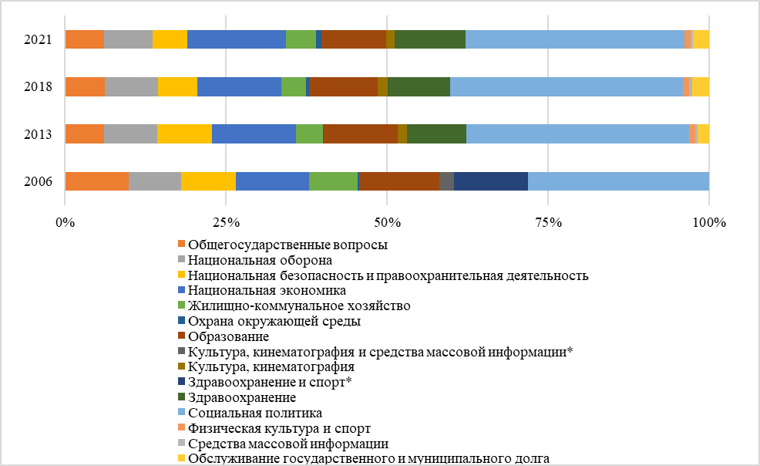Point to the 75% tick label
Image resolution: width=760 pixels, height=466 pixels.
[547, 224]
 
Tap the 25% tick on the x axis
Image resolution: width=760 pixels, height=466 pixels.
[225, 224]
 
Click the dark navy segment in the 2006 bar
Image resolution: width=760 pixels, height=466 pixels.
[491, 181]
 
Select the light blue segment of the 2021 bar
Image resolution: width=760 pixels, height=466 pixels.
[574, 39]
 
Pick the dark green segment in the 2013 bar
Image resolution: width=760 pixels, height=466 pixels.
[436, 133]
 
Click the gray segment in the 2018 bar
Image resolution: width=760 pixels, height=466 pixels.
[131, 86]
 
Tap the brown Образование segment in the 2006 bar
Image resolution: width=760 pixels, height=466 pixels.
[399, 181]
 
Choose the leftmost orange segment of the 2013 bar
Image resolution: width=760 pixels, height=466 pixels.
[85, 133]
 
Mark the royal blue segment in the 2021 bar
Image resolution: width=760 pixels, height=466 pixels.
[236, 39]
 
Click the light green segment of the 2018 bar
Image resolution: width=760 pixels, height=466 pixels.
[293, 86]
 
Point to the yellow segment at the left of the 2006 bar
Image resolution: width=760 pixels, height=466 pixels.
[208, 181]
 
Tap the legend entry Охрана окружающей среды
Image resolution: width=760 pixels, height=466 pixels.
[274, 322]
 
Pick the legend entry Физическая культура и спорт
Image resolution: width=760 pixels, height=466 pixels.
[280, 428]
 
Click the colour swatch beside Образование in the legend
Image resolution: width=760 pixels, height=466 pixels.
[181, 337]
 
